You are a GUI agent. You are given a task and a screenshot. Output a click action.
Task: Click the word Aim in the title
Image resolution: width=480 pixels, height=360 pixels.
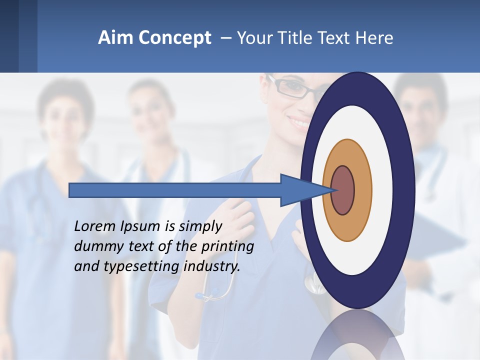click(115, 38)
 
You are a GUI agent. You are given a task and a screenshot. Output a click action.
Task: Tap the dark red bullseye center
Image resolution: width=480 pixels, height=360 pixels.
click(343, 190)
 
